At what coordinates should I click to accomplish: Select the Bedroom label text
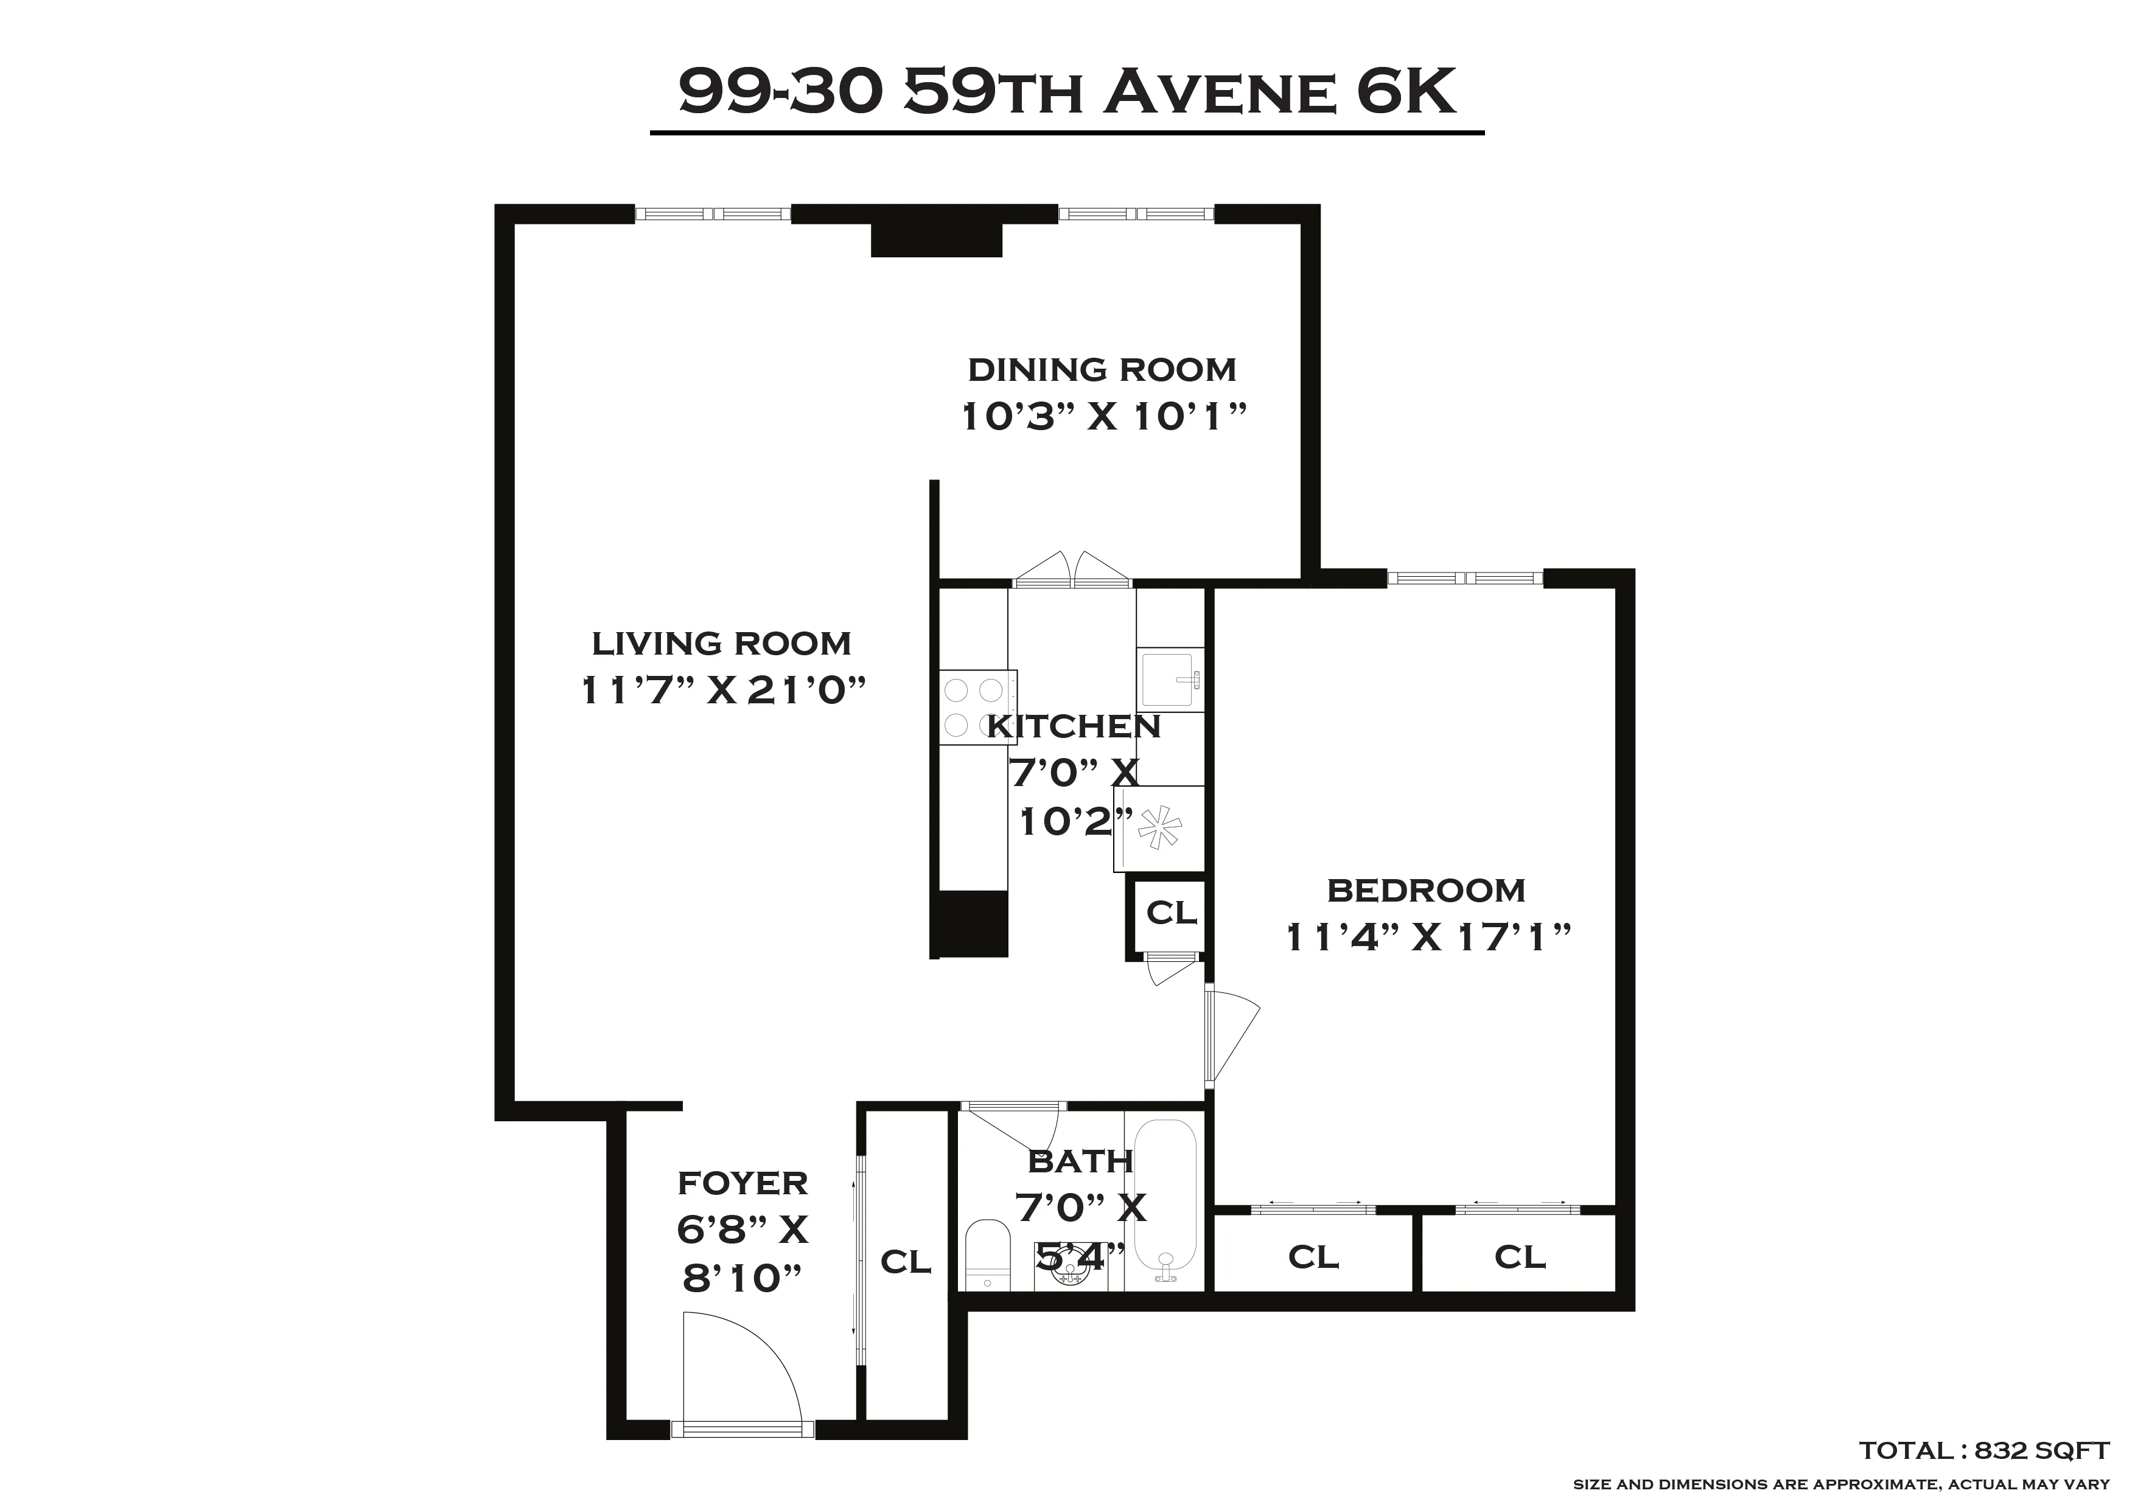point(1425,891)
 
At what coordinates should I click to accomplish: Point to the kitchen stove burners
point(974,707)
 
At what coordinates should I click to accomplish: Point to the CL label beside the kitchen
point(1171,913)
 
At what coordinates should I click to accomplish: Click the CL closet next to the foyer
point(906,1262)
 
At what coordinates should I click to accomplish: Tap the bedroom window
point(1464,579)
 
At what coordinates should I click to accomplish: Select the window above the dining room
point(1136,214)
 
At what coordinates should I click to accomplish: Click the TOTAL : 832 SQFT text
point(1983,1450)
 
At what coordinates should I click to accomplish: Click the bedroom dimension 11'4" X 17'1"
point(1427,938)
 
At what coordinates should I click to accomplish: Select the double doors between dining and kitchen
point(1072,571)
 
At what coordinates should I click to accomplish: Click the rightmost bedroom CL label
point(1520,1257)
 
